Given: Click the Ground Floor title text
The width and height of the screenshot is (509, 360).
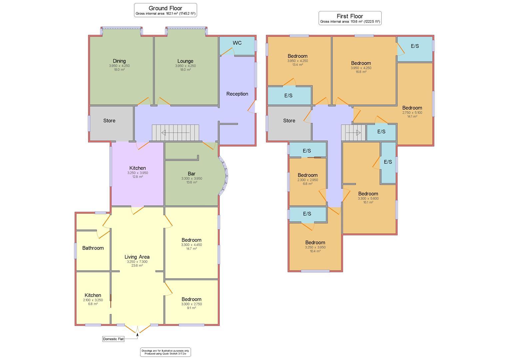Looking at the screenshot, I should pyautogui.click(x=165, y=8).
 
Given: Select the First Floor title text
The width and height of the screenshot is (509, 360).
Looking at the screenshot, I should pyautogui.click(x=350, y=16).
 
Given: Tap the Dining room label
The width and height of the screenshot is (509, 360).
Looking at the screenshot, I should pyautogui.click(x=119, y=61).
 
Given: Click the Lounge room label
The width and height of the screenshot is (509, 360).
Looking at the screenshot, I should pyautogui.click(x=185, y=61).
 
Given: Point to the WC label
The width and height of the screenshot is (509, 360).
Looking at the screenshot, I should pyautogui.click(x=237, y=43).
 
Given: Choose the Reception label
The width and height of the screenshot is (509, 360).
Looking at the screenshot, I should pyautogui.click(x=237, y=94).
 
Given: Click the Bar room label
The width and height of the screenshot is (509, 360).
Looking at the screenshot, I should pyautogui.click(x=192, y=173).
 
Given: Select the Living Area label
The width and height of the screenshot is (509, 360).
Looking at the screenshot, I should pyautogui.click(x=137, y=257).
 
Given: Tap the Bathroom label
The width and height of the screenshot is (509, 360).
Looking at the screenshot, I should pyautogui.click(x=93, y=248).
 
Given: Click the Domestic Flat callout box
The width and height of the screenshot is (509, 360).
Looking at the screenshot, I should pyautogui.click(x=113, y=339).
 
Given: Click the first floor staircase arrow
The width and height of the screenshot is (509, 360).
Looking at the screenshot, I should pyautogui.click(x=353, y=133).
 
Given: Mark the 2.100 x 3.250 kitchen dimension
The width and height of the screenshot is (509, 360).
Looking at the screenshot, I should pyautogui.click(x=93, y=300).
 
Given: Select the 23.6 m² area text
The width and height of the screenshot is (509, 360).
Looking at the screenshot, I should pyautogui.click(x=137, y=266).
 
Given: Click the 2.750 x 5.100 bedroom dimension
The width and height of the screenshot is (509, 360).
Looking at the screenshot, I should pyautogui.click(x=412, y=113).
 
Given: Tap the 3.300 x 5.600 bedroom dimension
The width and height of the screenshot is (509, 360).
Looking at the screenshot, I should pyautogui.click(x=368, y=198).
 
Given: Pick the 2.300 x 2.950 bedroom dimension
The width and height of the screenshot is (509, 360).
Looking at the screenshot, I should pyautogui.click(x=307, y=180).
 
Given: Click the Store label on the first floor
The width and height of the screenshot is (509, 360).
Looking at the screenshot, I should pyautogui.click(x=289, y=120).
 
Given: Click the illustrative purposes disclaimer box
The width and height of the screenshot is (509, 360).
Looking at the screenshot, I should pyautogui.click(x=166, y=352).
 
